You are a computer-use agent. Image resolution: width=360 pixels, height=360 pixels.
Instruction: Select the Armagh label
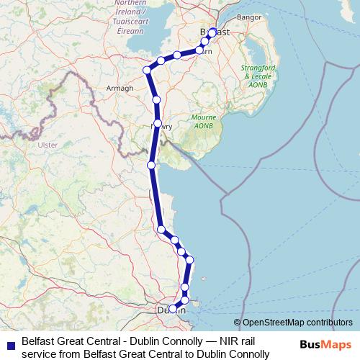click(x=120, y=88)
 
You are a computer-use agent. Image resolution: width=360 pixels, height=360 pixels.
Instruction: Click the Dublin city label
click(x=171, y=310)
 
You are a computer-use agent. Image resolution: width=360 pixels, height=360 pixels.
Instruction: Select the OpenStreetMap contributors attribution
click(x=297, y=323)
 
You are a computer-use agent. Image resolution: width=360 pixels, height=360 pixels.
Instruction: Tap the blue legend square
click(x=11, y=344)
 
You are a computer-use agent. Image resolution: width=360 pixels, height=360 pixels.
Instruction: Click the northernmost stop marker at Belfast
click(x=212, y=32)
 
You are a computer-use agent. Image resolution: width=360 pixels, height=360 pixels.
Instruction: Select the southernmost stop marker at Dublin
click(x=172, y=309)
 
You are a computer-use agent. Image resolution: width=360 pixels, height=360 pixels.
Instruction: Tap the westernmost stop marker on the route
click(x=147, y=70)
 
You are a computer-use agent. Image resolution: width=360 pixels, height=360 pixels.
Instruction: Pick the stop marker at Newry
click(x=157, y=124)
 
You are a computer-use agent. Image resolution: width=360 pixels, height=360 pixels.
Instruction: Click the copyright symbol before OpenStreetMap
click(x=238, y=323)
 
